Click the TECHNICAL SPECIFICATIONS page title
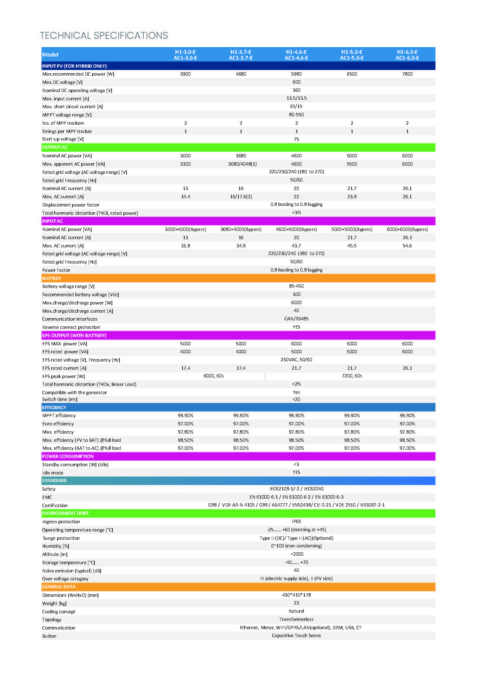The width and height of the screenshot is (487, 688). click(104, 35)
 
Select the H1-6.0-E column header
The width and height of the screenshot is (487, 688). click(407, 54)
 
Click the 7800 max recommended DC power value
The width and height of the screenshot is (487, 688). click(407, 74)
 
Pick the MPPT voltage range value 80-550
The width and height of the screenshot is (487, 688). click(296, 114)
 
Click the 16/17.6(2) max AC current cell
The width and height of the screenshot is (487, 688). click(241, 196)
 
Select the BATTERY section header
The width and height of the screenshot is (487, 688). click(52, 278)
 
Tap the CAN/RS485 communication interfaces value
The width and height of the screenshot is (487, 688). click(296, 319)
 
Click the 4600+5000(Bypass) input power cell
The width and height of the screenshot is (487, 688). click(296, 229)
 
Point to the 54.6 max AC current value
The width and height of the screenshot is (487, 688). click(407, 246)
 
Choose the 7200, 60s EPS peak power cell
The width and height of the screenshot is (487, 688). click(352, 376)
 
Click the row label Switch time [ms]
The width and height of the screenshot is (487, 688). click(60, 399)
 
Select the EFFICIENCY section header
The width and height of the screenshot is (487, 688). click(54, 407)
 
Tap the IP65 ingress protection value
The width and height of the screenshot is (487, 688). click(296, 522)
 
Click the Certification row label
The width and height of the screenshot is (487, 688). click(55, 505)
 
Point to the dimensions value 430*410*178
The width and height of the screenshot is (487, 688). click(296, 595)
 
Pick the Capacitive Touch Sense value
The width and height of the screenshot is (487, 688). click(296, 635)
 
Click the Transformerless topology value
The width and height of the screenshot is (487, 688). click(296, 619)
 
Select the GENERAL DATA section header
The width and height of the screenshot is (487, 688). click(59, 587)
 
